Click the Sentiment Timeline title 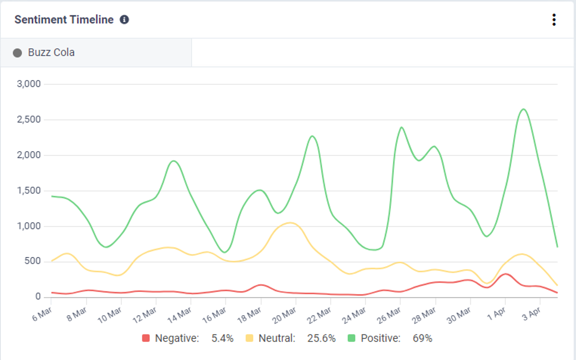63,20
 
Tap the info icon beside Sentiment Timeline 124,20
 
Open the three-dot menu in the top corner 553,20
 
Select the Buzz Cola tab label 51,53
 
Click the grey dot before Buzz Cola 18,53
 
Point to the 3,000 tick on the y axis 29,84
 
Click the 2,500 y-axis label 29,120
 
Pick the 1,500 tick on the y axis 29,191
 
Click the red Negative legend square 145,338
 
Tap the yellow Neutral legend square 249,338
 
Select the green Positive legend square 352,338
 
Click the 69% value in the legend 422,338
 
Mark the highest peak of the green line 523,109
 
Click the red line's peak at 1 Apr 505,274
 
